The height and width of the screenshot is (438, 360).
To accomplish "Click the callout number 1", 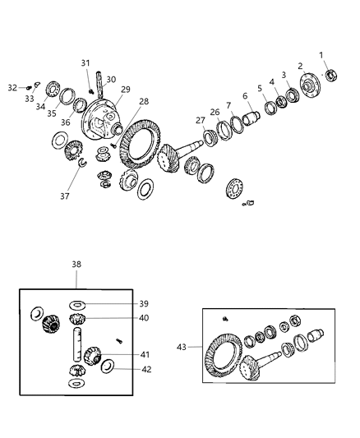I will point(321,55).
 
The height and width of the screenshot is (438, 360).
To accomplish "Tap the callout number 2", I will point(301,67).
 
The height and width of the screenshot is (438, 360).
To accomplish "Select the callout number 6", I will point(244,96).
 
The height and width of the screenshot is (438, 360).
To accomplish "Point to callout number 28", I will point(144,101).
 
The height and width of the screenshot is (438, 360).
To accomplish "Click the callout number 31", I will point(85,63).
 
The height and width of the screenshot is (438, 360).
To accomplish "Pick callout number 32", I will point(12,87).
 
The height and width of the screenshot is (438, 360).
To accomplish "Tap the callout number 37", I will point(64,196).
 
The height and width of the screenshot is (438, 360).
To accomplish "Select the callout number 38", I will point(77,265).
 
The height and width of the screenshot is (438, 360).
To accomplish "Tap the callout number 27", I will point(200,120).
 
